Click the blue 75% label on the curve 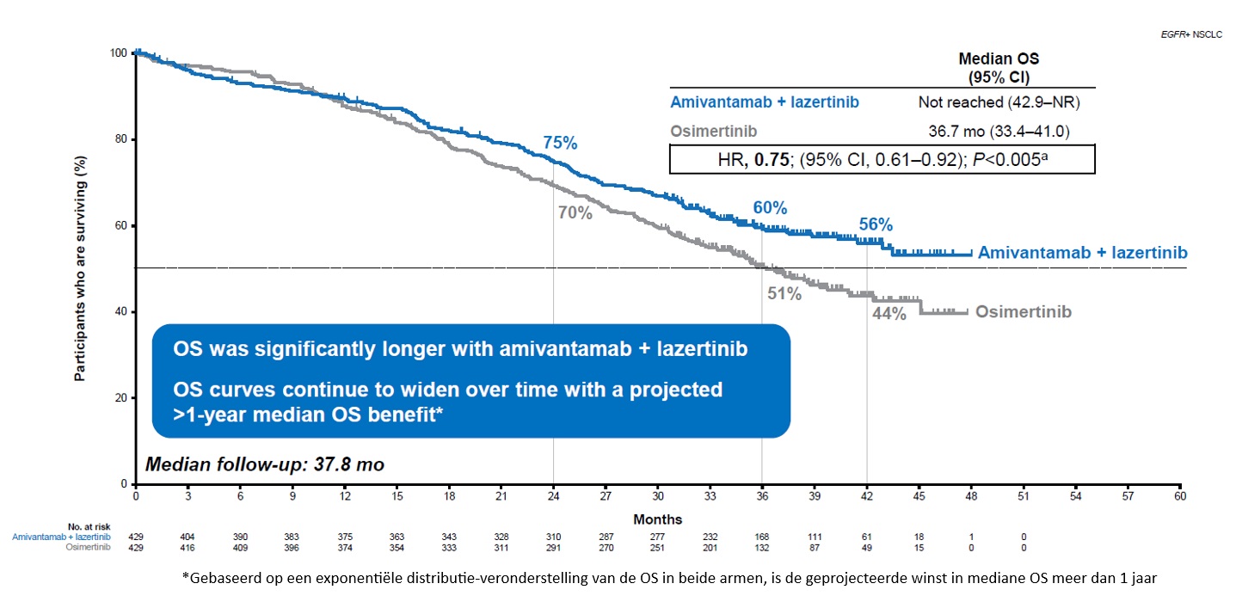point(560,144)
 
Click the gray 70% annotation point(575,213)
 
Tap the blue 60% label point(770,208)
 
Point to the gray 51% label point(784,294)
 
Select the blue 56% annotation point(876,225)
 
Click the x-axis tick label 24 point(553,497)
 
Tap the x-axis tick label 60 point(1180,497)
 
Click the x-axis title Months point(658,519)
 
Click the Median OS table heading point(999,66)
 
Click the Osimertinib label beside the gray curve point(1024,312)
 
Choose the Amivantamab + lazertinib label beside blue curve point(1082,253)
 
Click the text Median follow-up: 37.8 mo point(265,465)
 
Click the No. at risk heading point(86,525)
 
